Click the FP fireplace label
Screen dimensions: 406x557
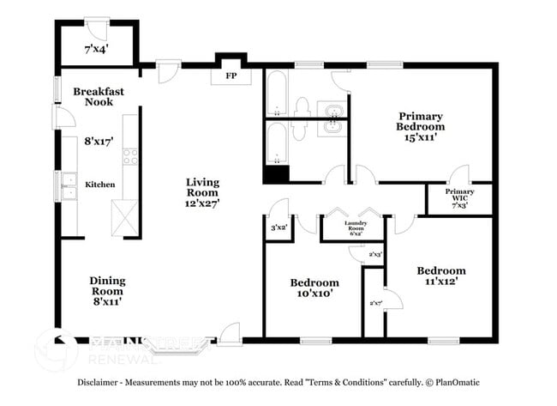pos(231,76)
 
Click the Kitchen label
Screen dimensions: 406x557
pos(99,185)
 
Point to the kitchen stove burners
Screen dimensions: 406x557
pos(131,157)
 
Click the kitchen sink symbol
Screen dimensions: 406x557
pos(67,184)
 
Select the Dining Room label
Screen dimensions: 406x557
pos(107,286)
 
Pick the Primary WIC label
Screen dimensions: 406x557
pos(459,197)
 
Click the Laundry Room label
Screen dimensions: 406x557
pos(356,227)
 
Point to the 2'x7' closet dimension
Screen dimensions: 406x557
pos(374,302)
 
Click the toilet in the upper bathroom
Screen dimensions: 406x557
pos(301,107)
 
